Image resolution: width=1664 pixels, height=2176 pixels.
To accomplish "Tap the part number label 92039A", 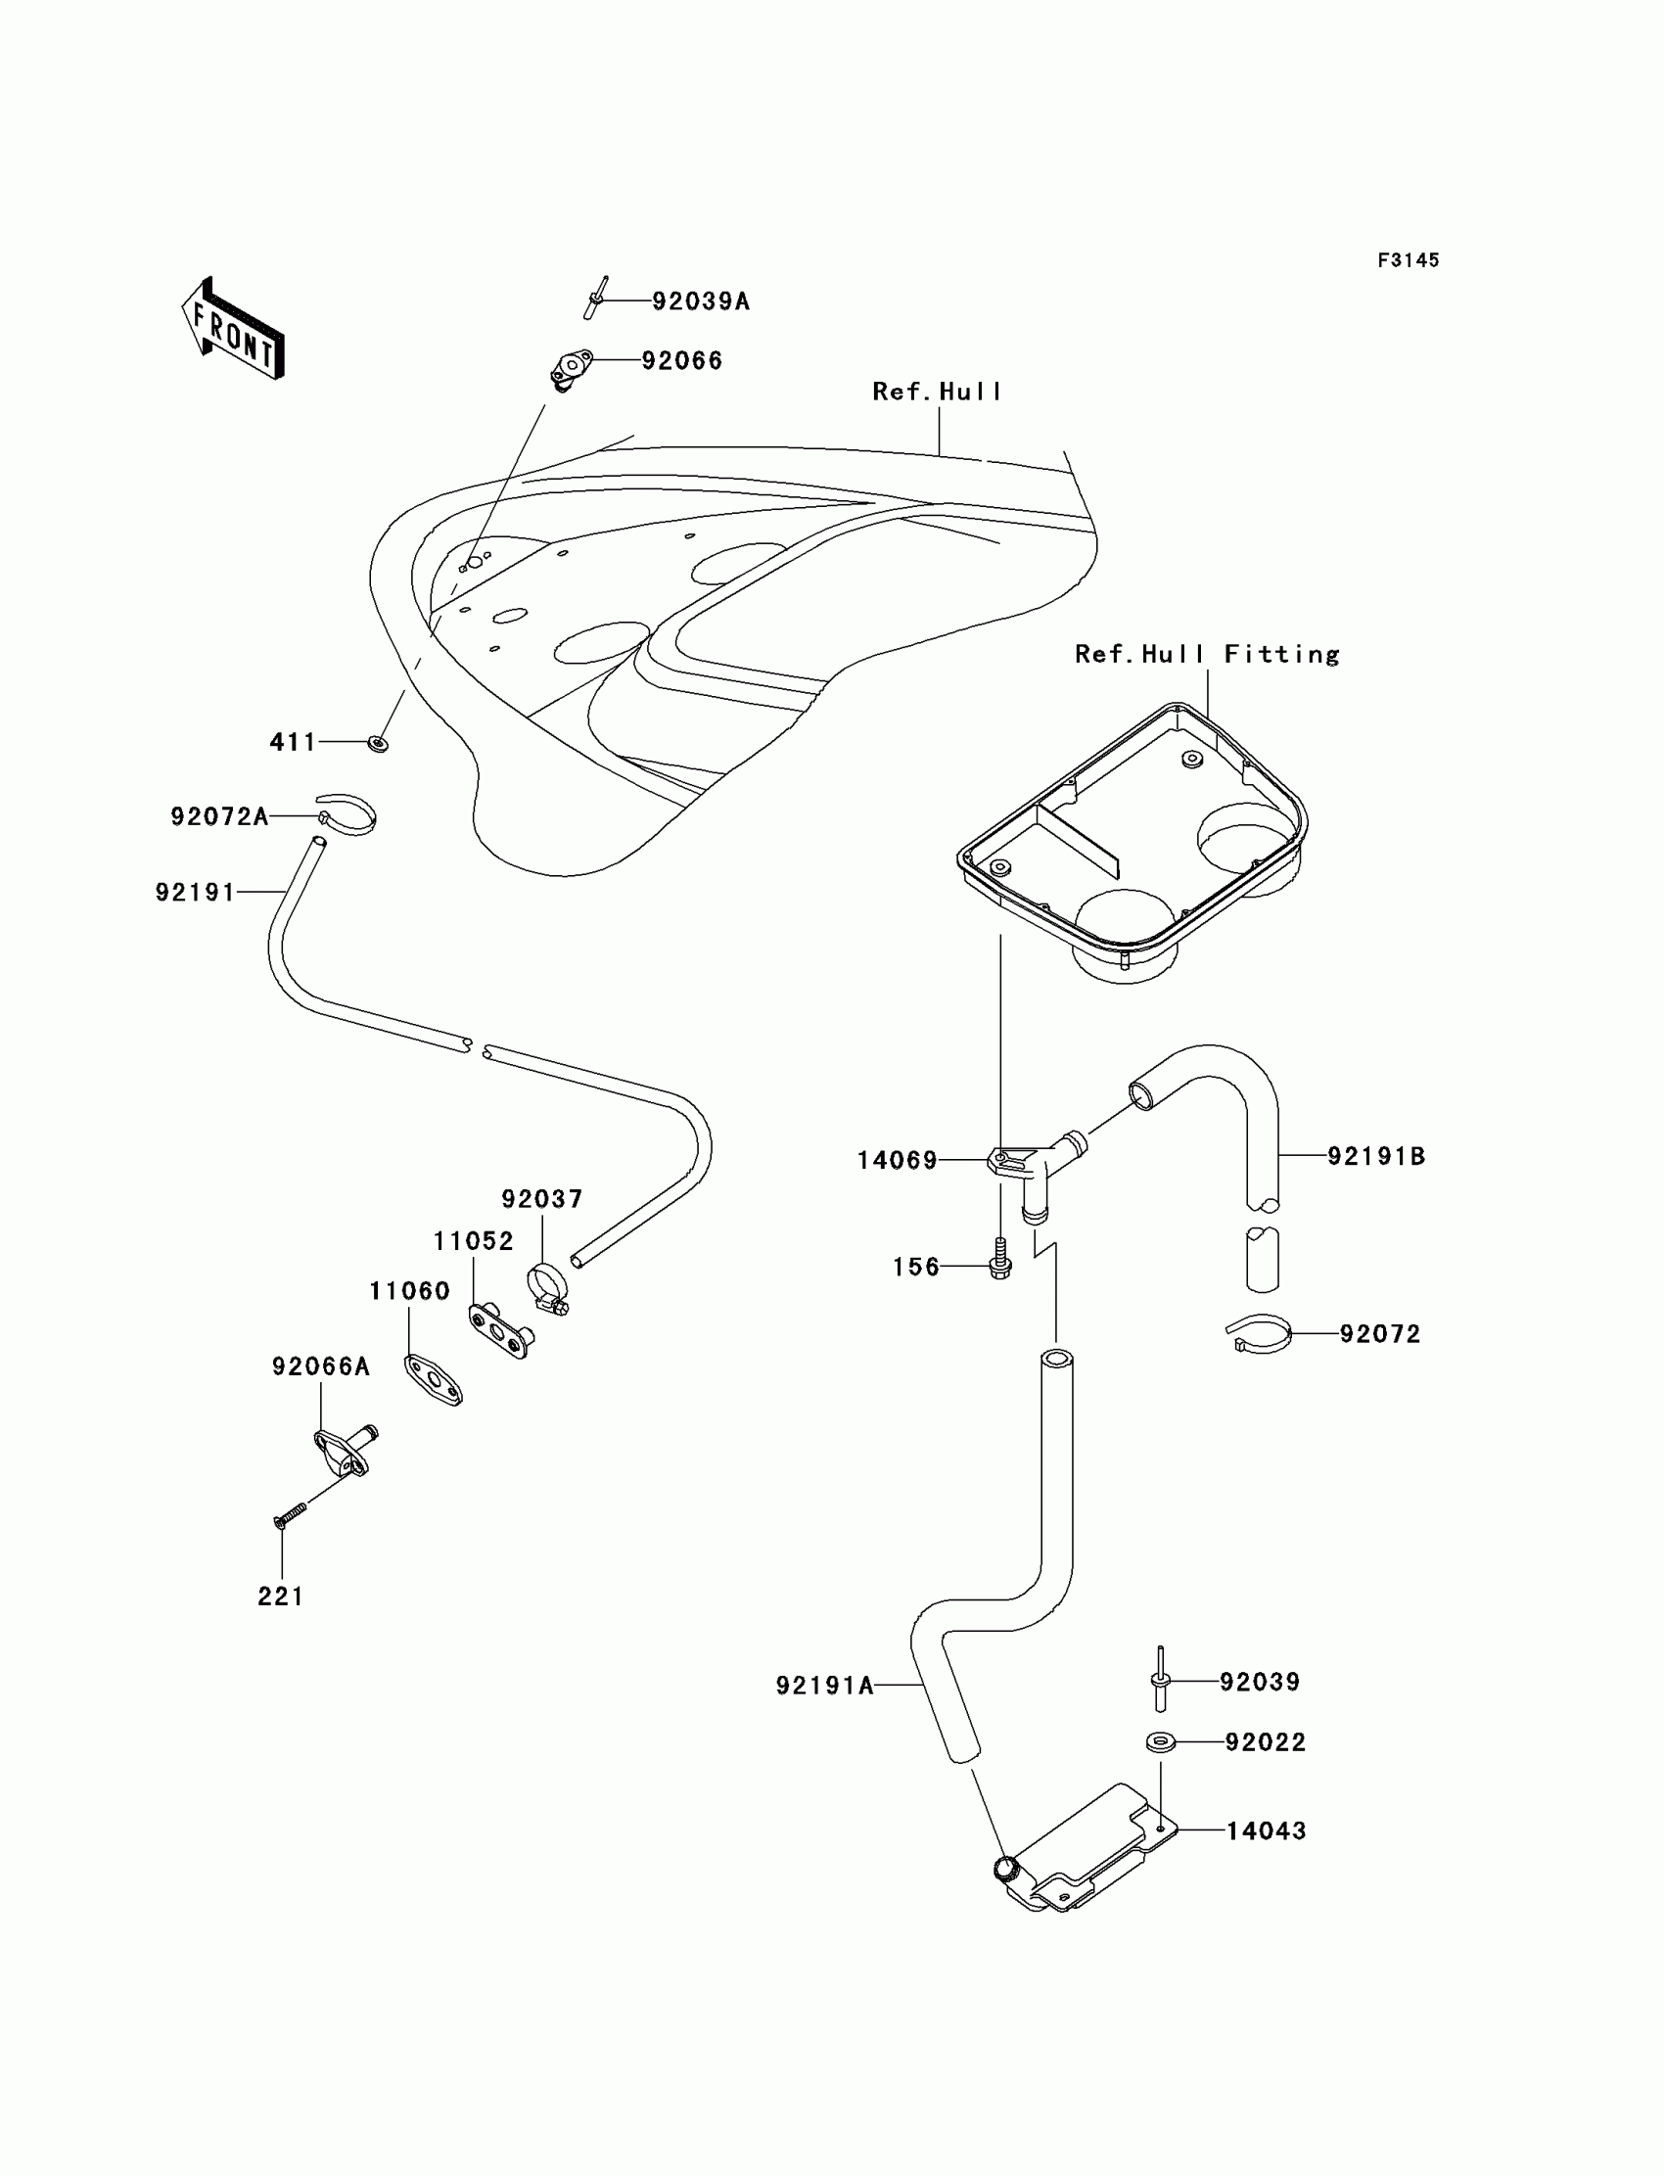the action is tap(701, 301).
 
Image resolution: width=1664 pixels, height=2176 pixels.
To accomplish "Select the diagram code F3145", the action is tap(1409, 260).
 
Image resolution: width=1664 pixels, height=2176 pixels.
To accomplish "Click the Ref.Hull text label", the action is tap(937, 393).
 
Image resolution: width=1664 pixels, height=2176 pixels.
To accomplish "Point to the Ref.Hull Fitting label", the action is tap(1208, 654).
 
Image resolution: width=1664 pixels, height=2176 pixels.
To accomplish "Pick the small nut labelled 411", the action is tap(379, 743).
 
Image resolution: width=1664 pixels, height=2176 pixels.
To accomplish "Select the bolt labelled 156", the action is tap(1000, 1258).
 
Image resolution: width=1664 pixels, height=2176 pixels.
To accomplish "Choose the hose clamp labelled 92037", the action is tap(548, 1287).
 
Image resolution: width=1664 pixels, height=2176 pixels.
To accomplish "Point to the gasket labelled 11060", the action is tap(433, 1380).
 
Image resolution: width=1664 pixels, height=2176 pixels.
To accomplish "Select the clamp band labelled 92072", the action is tap(1259, 1334).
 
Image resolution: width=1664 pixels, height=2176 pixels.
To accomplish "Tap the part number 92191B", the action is tap(1377, 1156).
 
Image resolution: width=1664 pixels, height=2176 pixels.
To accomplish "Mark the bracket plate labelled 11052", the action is tap(501, 1331).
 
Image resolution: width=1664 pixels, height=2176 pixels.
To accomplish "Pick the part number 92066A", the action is tap(321, 1366).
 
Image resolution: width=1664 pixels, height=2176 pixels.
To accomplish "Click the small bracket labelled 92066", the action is tap(571, 369).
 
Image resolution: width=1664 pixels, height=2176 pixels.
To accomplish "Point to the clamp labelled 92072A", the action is tap(347, 814).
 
